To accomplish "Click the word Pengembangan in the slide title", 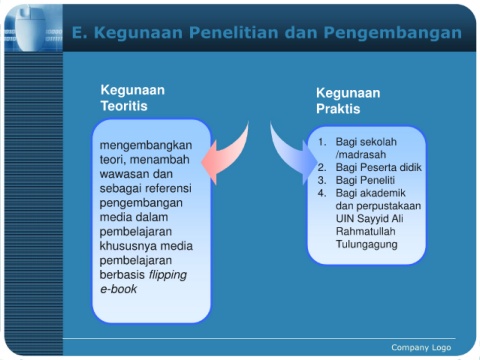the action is [393, 34].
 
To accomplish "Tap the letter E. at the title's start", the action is [80, 33].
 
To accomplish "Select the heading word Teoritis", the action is [124, 106].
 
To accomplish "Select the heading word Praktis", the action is [338, 109].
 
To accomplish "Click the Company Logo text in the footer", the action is [421, 348].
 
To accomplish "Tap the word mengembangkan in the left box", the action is [146, 146].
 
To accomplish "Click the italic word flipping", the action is [168, 275].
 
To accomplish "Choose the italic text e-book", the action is [118, 289].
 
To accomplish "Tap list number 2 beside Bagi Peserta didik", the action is [322, 167].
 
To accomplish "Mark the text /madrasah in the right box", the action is [361, 155].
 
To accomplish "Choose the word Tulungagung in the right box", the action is [367, 244].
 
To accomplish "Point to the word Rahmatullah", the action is [366, 231].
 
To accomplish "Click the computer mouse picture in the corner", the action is [31, 29].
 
